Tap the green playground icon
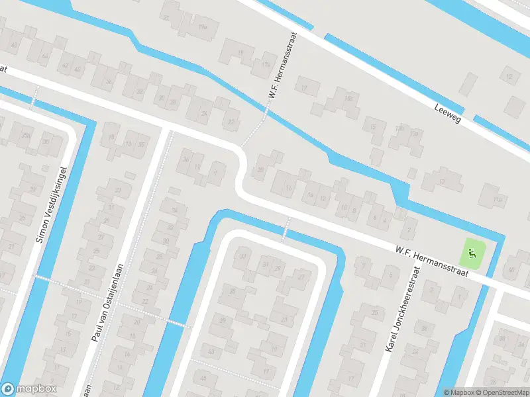click(x=472, y=251)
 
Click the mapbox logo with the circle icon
click(x=28, y=389)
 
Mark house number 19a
click(x=203, y=27)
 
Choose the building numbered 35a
click(x=26, y=136)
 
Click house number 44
click(x=45, y=58)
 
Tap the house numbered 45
click(x=203, y=378)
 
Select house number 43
click(x=211, y=349)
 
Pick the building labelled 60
click(x=511, y=269)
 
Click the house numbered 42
click(x=65, y=66)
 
